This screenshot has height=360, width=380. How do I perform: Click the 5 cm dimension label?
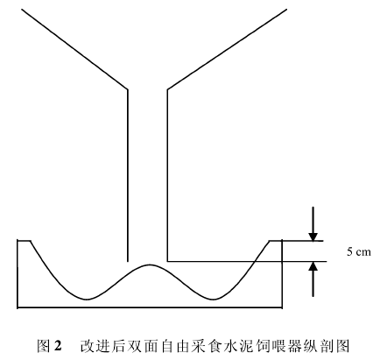(x=359, y=251)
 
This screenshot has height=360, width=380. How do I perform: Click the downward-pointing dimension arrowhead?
(x=313, y=236)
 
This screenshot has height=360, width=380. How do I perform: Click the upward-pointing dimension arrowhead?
(x=313, y=266)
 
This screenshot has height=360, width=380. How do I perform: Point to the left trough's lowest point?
(x=87, y=300)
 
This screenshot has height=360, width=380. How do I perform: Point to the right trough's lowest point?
(x=215, y=300)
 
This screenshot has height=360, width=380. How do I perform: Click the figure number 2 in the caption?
(x=58, y=345)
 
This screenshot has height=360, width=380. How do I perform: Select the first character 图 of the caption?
(x=43, y=345)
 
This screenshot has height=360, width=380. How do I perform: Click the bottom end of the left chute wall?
(x=128, y=261)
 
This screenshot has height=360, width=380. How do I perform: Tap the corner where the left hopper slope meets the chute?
(x=128, y=89)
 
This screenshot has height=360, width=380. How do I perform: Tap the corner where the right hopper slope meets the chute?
(x=167, y=89)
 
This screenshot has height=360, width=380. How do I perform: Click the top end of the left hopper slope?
(x=22, y=10)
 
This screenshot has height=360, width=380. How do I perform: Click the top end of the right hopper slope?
(x=286, y=10)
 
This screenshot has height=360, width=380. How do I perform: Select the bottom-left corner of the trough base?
(x=18, y=307)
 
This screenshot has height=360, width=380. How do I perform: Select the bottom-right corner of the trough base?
(x=282, y=307)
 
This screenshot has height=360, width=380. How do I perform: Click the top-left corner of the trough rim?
(x=18, y=241)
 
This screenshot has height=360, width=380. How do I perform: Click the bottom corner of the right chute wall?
(x=167, y=261)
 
